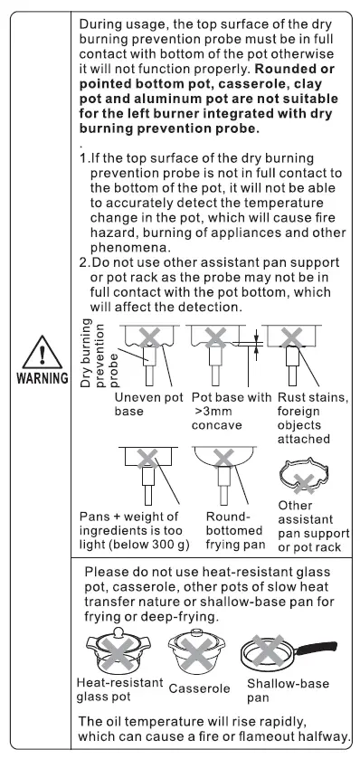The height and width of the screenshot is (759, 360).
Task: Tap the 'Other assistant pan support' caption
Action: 311,528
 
